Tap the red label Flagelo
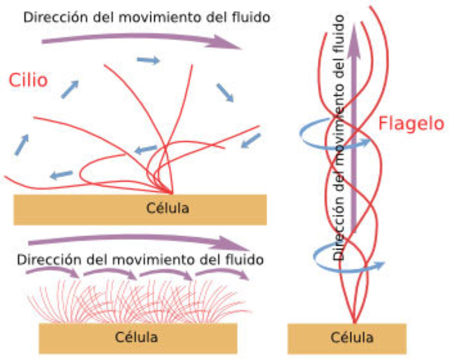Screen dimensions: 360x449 [x=411, y=124]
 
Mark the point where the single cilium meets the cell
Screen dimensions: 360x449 [x=172, y=192]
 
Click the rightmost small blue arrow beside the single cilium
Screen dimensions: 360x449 [x=251, y=140]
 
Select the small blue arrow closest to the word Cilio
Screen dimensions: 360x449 [x=70, y=89]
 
